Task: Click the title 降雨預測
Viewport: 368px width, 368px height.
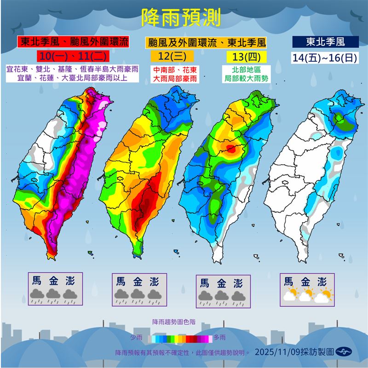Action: [181, 18]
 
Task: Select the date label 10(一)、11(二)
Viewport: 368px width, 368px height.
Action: [73, 57]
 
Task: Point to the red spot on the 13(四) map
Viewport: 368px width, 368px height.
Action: [231, 148]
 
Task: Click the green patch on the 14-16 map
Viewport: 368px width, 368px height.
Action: [341, 118]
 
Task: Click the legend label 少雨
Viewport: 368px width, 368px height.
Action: [136, 338]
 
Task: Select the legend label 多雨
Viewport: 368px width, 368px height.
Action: [219, 338]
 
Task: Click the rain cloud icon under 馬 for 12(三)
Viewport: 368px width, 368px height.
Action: [121, 295]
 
